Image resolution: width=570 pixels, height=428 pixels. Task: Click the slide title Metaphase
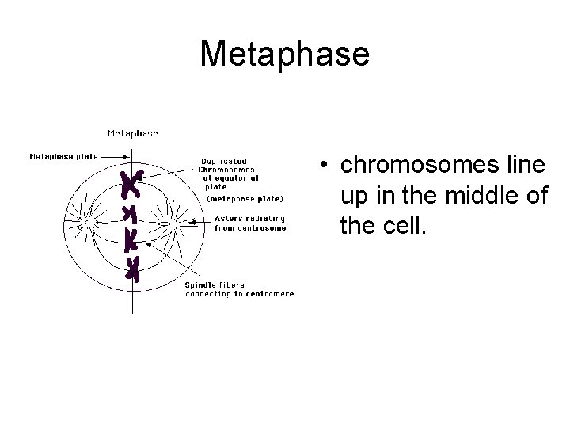(284, 54)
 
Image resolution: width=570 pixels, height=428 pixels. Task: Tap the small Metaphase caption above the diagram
(133, 133)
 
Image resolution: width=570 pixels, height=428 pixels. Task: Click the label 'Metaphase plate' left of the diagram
(63, 156)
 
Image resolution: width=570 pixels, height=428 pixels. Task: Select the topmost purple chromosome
(131, 184)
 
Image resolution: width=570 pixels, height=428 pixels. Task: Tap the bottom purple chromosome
(132, 268)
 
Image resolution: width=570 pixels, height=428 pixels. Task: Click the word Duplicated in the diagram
(223, 162)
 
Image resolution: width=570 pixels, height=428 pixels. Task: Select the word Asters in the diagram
(229, 219)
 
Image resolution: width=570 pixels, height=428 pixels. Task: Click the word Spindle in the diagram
(201, 285)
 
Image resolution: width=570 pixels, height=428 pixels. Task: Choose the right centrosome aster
(167, 223)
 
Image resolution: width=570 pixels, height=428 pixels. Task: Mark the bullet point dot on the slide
(325, 166)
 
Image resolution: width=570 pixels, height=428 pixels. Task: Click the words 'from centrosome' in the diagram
(250, 228)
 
